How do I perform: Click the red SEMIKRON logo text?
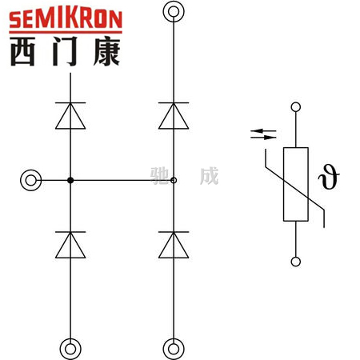pyautogui.click(x=66, y=19)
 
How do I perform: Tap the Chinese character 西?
pyautogui.click(x=22, y=51)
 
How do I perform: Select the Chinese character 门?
pyautogui.click(x=65, y=51)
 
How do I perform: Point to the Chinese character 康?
pyautogui.click(x=107, y=51)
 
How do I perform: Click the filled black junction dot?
pyautogui.click(x=70, y=181)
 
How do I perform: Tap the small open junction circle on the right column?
pyautogui.click(x=174, y=178)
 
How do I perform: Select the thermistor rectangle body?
pyautogui.click(x=283, y=184)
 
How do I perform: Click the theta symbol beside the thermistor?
pyautogui.click(x=329, y=177)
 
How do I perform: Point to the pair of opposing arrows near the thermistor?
pyautogui.click(x=263, y=134)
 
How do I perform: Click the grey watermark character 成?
pyautogui.click(x=210, y=176)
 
